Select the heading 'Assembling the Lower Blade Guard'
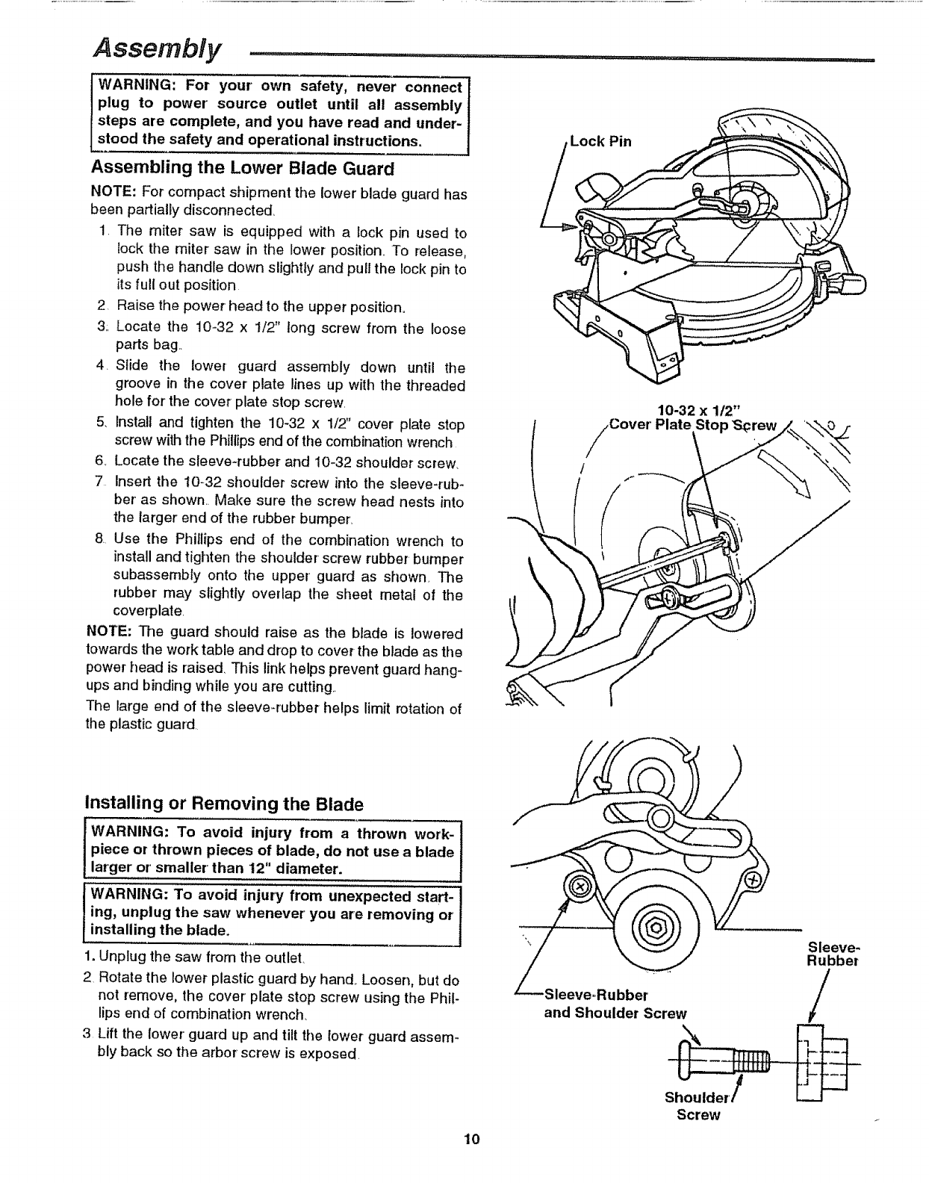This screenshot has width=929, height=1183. tap(242, 167)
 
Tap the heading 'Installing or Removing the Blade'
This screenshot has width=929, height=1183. tap(225, 804)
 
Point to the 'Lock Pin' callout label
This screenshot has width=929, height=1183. tap(601, 141)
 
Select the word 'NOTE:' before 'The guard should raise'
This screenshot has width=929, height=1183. tap(110, 632)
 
